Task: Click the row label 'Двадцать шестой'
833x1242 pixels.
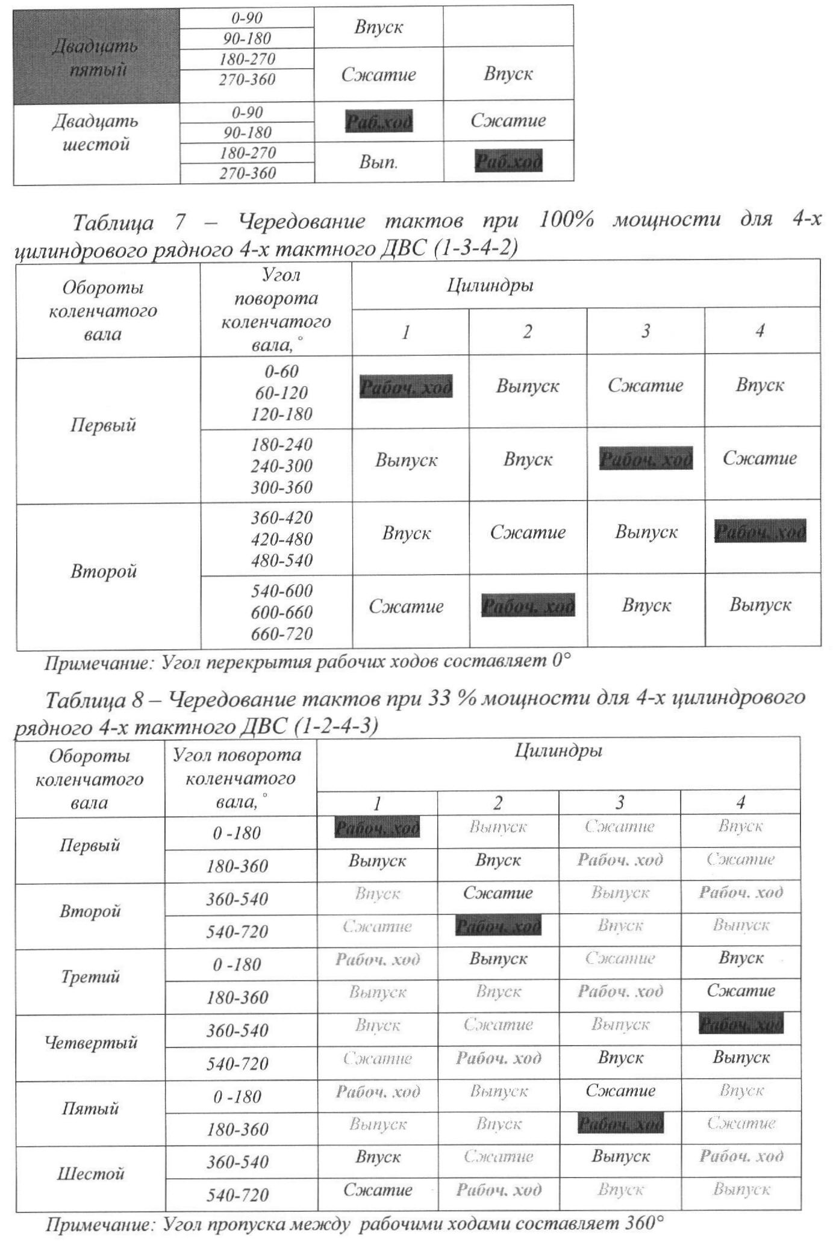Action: point(96,133)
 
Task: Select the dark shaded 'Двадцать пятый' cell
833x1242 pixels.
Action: point(96,57)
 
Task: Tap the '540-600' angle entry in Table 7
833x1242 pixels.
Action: point(281,590)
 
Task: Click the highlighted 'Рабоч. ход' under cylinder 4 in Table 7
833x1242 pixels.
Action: point(760,532)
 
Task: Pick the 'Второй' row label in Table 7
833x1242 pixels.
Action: point(104,570)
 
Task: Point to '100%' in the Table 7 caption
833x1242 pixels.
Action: point(566,220)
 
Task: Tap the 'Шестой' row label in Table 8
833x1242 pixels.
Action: point(90,1173)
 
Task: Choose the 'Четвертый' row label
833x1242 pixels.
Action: point(90,1042)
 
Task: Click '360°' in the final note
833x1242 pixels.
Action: point(644,1224)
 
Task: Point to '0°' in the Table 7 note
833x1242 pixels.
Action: point(560,662)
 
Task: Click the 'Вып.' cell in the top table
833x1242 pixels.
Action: point(378,161)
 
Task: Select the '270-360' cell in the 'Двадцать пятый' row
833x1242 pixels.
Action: point(247,80)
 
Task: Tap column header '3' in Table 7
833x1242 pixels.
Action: point(645,331)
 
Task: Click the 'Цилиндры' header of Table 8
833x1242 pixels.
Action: point(558,751)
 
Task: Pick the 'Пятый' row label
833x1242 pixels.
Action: point(90,1108)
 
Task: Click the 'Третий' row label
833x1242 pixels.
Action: point(90,976)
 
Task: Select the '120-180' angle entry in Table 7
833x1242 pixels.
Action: point(281,414)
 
